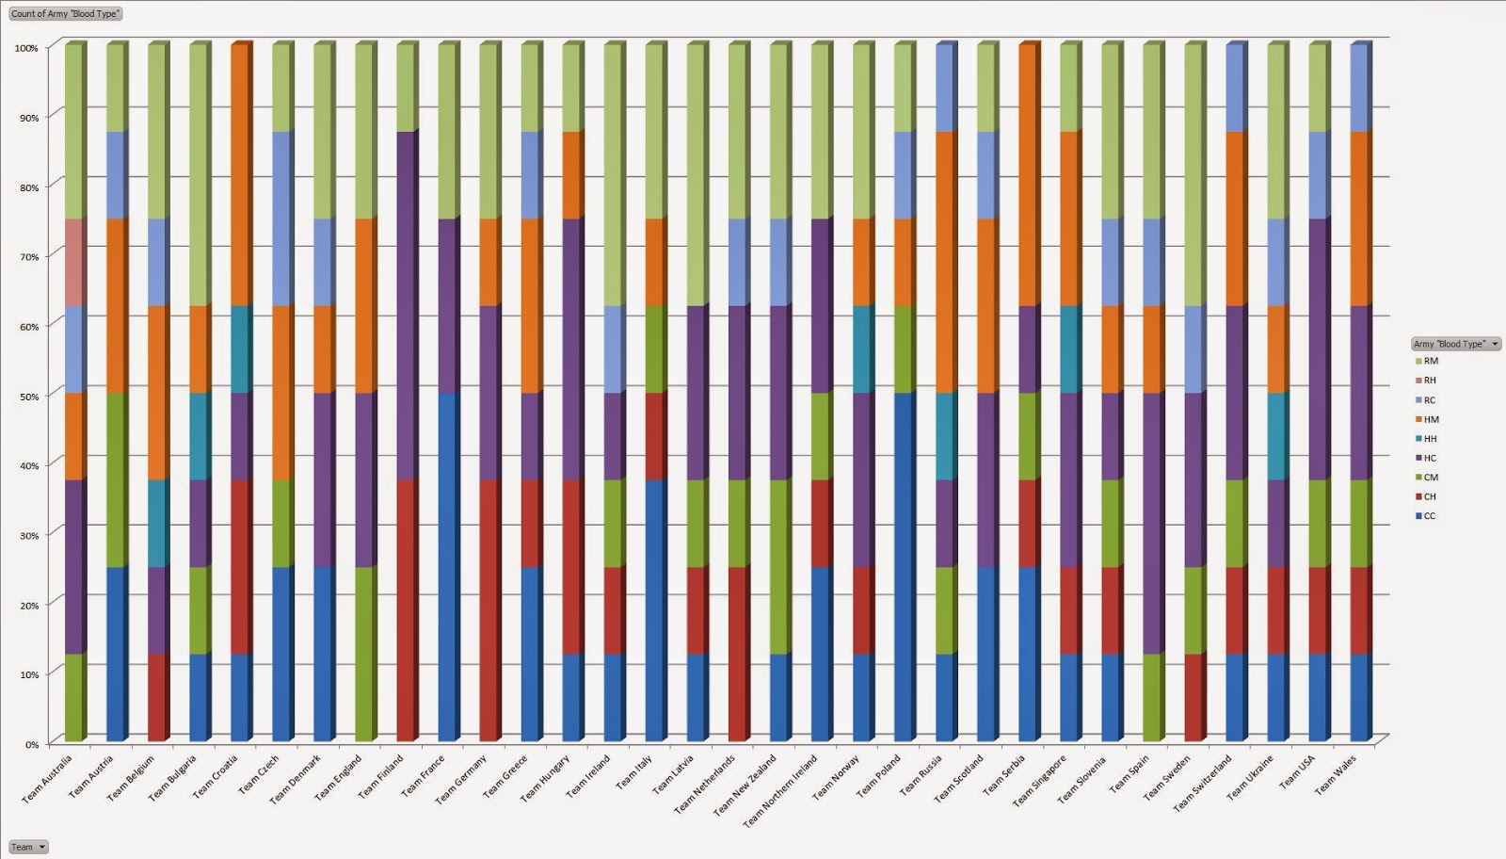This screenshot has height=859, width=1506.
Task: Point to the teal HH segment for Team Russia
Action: coord(945,436)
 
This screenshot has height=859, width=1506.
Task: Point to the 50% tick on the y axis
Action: coord(32,397)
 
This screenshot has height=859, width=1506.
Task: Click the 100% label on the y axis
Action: coord(27,48)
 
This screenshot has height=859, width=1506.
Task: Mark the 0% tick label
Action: coord(32,745)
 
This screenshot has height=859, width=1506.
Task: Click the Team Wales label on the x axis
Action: coord(1337,775)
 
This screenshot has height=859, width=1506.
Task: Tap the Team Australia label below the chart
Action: coord(47,780)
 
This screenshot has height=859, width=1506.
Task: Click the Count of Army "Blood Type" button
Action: coord(65,14)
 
